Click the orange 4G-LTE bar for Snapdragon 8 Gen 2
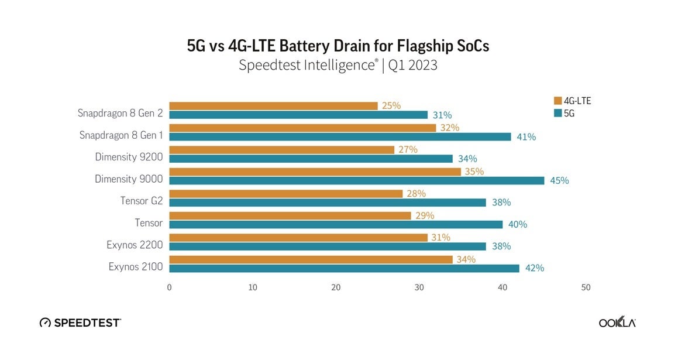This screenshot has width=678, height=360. coord(273,106)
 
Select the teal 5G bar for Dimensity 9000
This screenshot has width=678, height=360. coord(357,180)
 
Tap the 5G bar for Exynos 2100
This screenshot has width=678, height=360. coord(344,268)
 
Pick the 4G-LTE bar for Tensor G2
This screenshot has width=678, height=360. coord(285,194)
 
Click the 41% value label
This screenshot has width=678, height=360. coord(526,137)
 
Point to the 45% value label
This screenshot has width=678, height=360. coord(559,181)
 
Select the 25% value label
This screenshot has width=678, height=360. coord(391,106)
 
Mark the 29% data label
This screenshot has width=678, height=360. coord(425,216)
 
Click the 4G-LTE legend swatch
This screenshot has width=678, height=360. coord(557,101)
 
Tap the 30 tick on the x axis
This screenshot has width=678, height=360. coord(419,287)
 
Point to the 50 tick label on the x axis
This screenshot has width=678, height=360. coord(586,287)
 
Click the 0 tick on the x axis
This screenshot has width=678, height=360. coord(169,287)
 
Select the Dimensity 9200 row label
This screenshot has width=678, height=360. coord(129,157)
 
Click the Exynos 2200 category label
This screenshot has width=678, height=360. coord(135,245)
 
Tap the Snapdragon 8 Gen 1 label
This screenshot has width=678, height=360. coord(121,135)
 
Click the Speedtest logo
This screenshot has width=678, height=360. coord(80,323)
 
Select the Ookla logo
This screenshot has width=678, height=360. coord(617,323)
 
